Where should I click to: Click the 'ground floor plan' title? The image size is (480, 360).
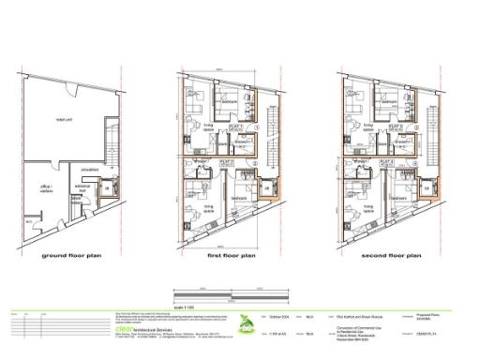point(79,253)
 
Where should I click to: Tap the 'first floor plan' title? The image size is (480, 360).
point(231,253)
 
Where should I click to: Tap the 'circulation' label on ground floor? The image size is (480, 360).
point(90,170)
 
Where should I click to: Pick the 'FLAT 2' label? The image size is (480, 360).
point(226,163)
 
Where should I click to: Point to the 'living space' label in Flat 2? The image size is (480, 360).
point(208,210)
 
